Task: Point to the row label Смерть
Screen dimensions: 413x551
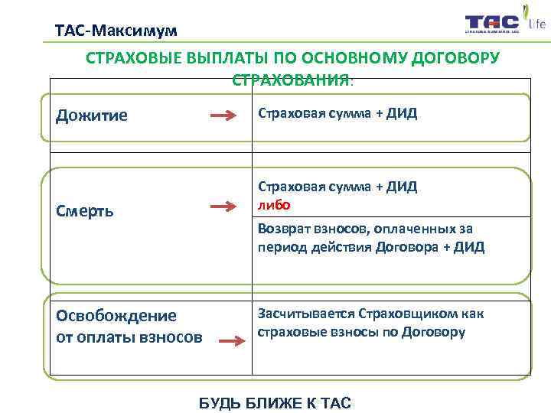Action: (x=85, y=210)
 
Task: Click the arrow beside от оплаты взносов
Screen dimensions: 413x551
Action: (x=233, y=344)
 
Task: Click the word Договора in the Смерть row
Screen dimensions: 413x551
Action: (x=405, y=247)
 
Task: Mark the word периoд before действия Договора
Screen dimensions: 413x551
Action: (x=281, y=247)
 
